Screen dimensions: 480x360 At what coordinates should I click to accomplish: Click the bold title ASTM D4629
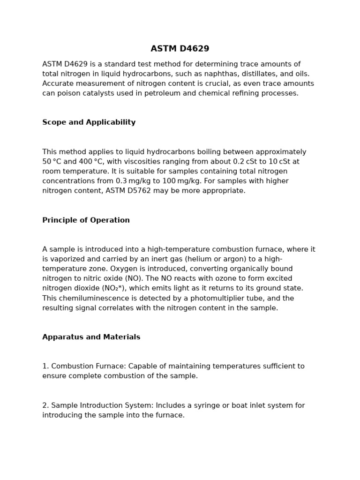tap(180, 49)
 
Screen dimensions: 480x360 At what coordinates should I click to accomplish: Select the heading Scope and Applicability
tap(89, 122)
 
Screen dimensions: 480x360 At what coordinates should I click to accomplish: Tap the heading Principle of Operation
tap(86, 220)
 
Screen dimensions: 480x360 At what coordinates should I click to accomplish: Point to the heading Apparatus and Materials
tap(91, 337)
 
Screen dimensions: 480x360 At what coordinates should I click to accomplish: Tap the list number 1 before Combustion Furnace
tap(45, 367)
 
